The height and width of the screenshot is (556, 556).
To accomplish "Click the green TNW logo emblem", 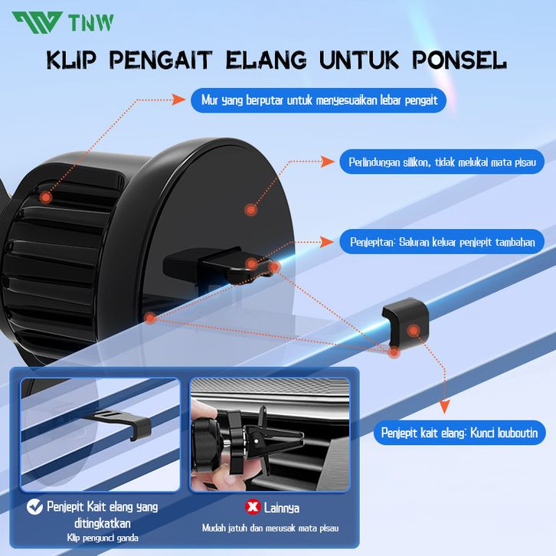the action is coord(38,22).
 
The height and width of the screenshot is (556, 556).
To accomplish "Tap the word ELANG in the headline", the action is coord(267,60).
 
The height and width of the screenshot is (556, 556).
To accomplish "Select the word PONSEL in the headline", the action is coord(460,60).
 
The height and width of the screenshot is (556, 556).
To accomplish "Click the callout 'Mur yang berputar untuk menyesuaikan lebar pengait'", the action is coord(319,100).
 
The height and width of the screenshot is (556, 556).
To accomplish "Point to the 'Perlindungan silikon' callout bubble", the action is coord(442,162).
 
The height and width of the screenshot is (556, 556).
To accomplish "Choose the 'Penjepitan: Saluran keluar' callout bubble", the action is coord(442,242).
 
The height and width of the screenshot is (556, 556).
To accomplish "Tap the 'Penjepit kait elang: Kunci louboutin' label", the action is coord(460,433).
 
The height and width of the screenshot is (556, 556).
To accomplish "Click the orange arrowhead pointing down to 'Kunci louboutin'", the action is coord(444,407).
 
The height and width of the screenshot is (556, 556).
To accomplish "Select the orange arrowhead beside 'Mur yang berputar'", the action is coord(178,100).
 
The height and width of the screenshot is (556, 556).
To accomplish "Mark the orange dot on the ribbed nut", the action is coord(46,197).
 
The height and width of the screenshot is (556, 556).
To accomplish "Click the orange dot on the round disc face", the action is coord(250,210).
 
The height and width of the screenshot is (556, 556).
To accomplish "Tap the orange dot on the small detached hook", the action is coord(414,331).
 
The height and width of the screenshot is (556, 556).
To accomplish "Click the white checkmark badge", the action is coord(34,507).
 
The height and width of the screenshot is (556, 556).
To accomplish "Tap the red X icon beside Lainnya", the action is coord(253,507).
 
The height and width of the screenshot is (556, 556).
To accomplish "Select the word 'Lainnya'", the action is coord(282,508).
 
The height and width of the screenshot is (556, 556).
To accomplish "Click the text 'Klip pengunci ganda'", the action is coord(103,538).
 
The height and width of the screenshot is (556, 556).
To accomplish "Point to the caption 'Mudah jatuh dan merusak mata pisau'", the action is coord(270,528).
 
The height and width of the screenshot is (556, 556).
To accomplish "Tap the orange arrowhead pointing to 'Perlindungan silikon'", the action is coord(328,162).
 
